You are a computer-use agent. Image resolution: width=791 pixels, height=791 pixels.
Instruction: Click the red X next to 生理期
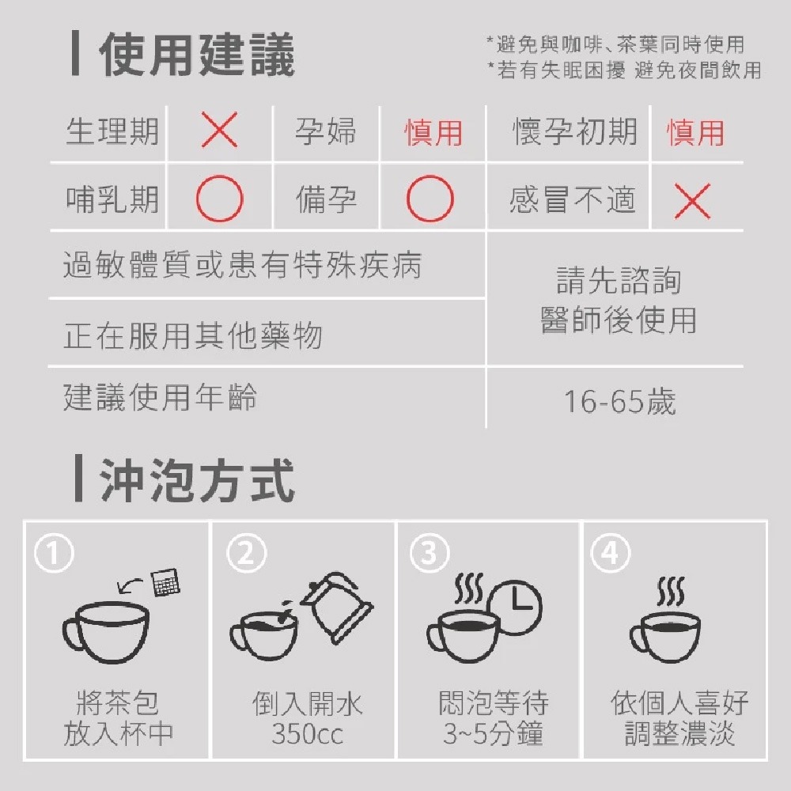coord(219,131)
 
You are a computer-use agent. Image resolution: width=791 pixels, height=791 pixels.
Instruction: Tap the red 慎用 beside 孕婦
coord(433,133)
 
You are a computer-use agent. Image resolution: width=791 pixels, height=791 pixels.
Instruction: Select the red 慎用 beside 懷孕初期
coord(695,133)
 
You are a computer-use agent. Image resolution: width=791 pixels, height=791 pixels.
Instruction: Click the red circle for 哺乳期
coord(219,199)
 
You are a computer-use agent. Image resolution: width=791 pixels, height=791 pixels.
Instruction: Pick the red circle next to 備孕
coord(430,199)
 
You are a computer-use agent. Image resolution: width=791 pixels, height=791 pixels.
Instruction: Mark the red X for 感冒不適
coord(693,202)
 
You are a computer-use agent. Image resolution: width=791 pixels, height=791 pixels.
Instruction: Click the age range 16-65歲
coord(619,402)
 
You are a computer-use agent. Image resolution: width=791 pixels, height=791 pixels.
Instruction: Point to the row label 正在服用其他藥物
coord(193,335)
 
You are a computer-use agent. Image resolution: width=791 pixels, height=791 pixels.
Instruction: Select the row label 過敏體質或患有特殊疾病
coord(242,265)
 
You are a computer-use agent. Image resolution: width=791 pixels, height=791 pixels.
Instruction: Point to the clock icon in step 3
coord(516,606)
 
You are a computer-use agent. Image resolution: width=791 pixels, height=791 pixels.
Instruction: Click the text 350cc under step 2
coord(307,734)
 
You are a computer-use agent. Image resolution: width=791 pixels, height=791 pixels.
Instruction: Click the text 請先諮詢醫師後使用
coord(619,301)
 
